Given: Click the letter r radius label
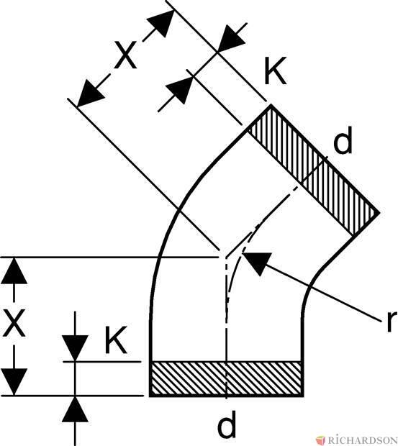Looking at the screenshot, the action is pos(392,322).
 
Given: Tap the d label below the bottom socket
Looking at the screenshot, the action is pos(227,424).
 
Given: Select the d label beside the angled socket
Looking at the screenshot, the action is pos(343,140).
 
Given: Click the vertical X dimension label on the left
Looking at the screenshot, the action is pos(14,323).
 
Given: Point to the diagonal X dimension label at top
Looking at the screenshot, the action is pos(125,55).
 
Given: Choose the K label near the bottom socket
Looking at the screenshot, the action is pos(115,340).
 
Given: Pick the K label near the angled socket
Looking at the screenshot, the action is pos(275,70).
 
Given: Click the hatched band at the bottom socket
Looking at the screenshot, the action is pos(227,378).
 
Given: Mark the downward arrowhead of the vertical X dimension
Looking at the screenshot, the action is pos(14,382).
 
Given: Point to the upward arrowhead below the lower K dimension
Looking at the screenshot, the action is pos(75,409).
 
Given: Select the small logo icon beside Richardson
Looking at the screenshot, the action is pos(321,440).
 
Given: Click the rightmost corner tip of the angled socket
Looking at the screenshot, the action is pos(379,212).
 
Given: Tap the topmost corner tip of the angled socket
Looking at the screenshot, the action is pos(271,105).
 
